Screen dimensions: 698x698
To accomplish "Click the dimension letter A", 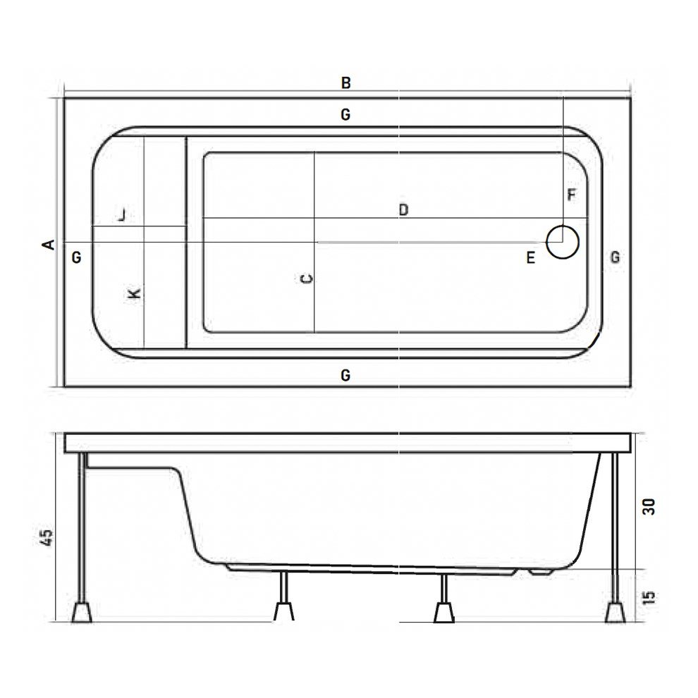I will tap(49, 244).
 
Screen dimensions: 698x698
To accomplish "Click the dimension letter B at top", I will tap(345, 83).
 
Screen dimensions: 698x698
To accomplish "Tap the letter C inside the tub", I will tap(306, 279).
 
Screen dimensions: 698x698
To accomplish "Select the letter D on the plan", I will tap(403, 209).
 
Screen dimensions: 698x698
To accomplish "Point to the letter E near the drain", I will tap(530, 258).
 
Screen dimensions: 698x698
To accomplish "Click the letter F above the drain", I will tap(572, 195).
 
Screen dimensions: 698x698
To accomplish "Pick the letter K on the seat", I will tap(136, 293).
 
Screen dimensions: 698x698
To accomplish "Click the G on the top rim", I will tap(345, 114).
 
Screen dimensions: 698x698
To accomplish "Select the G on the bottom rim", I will tap(345, 375).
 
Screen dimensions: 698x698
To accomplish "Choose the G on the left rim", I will tap(77, 257).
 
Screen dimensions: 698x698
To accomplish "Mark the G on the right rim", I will tap(615, 257).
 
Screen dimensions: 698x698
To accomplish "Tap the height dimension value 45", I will tap(47, 539).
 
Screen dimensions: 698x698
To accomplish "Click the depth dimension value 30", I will tap(649, 506).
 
